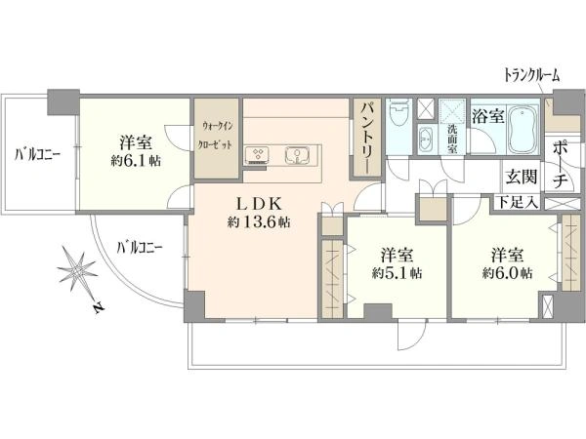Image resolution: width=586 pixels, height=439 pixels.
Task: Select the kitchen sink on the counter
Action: click(297, 155)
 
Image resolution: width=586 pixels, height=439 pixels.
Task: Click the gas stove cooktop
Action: click(258, 155)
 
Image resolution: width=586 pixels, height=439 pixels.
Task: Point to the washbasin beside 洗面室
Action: click(425, 140)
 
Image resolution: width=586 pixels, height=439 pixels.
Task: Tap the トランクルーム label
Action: click(532, 75)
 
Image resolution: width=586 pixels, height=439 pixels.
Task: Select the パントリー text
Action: click(364, 138)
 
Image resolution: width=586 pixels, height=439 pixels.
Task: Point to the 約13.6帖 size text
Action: click(259, 222)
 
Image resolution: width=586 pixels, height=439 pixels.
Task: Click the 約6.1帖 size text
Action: click(136, 161)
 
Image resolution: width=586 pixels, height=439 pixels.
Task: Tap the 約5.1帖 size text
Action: click(397, 273)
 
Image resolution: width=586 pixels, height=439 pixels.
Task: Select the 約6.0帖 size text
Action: click(507, 273)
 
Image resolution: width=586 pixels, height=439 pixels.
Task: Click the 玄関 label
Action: click(522, 176)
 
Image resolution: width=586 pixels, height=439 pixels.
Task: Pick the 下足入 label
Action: click(518, 203)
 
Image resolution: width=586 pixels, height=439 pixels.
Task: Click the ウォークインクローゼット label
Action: click(217, 136)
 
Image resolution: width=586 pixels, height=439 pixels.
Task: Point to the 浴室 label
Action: click(488, 116)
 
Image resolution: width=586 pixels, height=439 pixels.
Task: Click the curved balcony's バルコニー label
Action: click(140, 247)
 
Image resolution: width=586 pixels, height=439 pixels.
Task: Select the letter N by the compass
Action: click(99, 307)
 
